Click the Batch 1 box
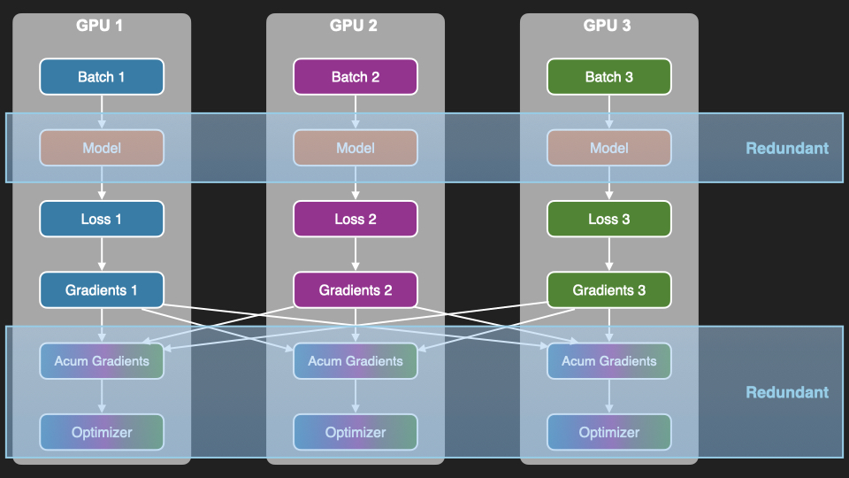click(x=102, y=77)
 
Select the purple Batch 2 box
click(x=356, y=77)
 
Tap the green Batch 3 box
click(x=609, y=77)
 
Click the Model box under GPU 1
click(x=102, y=148)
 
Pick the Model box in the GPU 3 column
click(x=609, y=148)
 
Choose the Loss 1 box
click(x=102, y=219)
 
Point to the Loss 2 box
click(x=356, y=219)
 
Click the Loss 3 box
click(x=609, y=219)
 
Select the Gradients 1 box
click(x=102, y=289)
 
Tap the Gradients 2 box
click(x=356, y=289)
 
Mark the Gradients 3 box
click(x=609, y=289)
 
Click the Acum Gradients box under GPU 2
click(x=356, y=360)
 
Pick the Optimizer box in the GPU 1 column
click(x=102, y=432)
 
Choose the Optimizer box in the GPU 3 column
click(x=609, y=432)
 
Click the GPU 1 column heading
click(x=100, y=26)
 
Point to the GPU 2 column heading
click(x=354, y=26)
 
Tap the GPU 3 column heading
click(x=608, y=26)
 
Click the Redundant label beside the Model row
click(x=787, y=148)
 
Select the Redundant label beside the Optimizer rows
click(x=787, y=392)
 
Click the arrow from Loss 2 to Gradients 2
click(x=356, y=254)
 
